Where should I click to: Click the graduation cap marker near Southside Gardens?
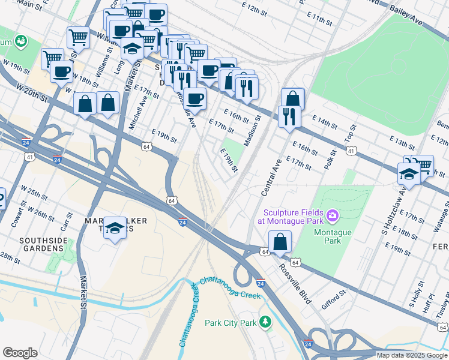115,228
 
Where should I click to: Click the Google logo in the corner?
20,353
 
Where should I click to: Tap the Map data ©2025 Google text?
411,355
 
